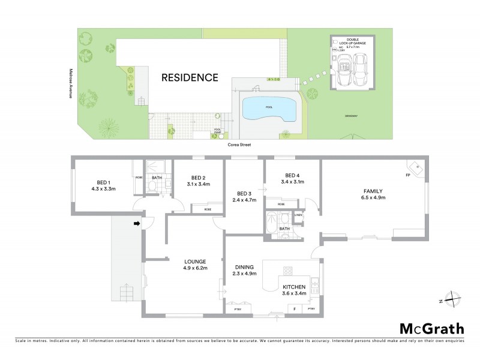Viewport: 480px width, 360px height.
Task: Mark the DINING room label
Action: (x=245, y=267)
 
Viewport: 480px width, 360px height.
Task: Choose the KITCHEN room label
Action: (x=294, y=287)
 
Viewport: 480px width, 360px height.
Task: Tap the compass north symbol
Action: (x=454, y=299)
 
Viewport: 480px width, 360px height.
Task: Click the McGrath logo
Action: (x=431, y=328)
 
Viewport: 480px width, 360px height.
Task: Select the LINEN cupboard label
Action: (x=298, y=215)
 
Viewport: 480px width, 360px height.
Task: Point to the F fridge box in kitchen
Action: (x=295, y=309)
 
